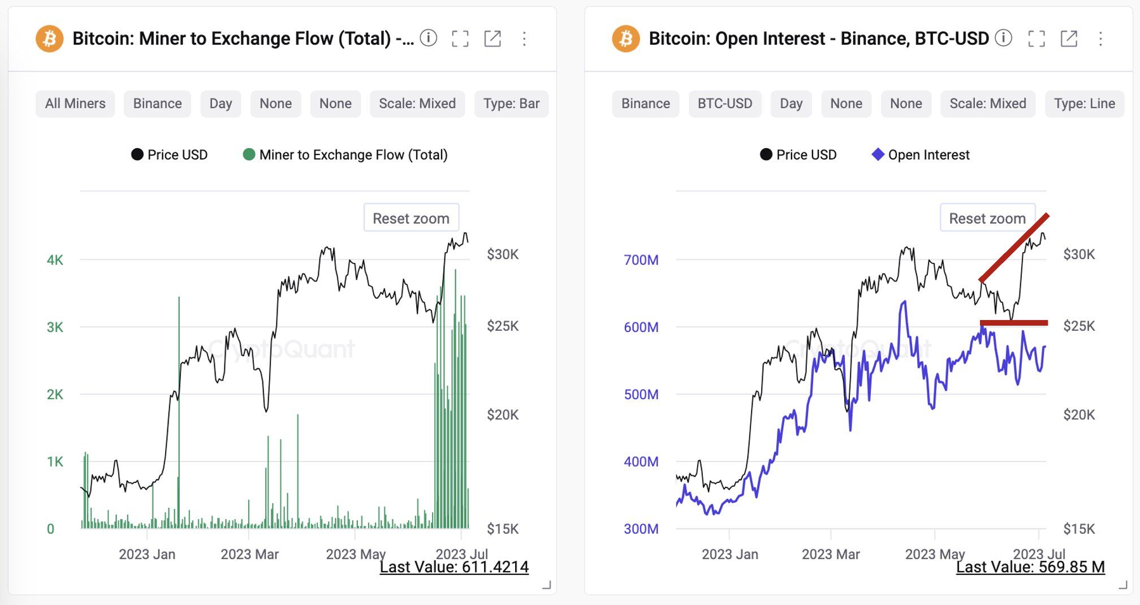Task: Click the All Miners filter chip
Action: [75, 104]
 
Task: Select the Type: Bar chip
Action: [511, 104]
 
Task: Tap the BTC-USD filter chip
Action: [725, 104]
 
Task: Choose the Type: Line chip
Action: [1085, 104]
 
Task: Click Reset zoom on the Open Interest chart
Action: [987, 218]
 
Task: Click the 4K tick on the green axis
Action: [55, 260]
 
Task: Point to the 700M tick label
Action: [641, 260]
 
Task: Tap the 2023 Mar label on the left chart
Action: [249, 554]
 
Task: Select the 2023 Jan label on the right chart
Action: [729, 554]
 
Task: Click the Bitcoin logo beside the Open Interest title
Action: [625, 39]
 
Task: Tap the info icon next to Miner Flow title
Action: [429, 38]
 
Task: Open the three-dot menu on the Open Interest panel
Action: [1100, 39]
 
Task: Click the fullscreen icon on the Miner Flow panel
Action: [460, 39]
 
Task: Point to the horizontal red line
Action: [1013, 323]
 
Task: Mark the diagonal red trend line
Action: [1014, 248]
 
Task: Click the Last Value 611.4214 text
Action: [454, 567]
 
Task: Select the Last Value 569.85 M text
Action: [1030, 567]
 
